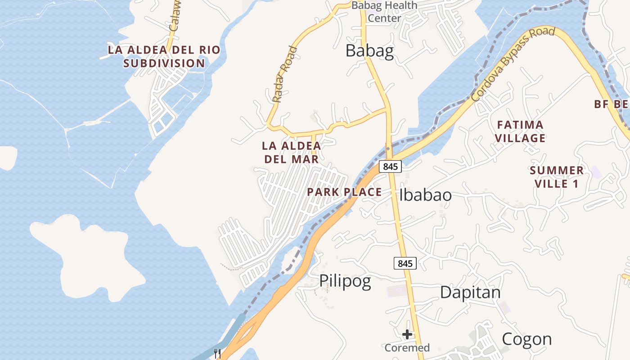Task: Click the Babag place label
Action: [x=369, y=51]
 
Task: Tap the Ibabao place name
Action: [x=425, y=195]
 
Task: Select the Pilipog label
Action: [x=345, y=281]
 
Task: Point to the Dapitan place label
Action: [x=470, y=292]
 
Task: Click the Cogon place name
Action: [x=526, y=339]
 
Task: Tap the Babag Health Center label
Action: [x=384, y=12]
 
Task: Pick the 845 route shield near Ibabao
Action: [x=390, y=166]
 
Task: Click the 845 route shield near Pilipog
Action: [x=405, y=263]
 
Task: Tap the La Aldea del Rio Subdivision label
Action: [x=164, y=56]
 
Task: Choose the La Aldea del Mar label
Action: [x=292, y=152]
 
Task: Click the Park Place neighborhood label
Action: [x=344, y=192]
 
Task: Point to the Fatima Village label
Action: [x=520, y=131]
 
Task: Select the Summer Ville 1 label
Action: [x=557, y=177]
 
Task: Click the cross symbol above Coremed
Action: [x=407, y=334]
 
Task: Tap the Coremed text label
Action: [x=407, y=348]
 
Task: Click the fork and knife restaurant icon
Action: [x=217, y=353]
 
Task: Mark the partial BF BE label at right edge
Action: [x=612, y=104]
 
